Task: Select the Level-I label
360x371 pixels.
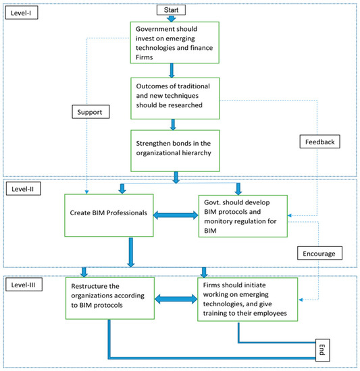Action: pyautogui.click(x=20, y=13)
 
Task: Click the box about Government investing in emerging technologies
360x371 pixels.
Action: pyautogui.click(x=174, y=42)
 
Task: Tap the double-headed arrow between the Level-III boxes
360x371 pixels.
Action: pyautogui.click(x=174, y=297)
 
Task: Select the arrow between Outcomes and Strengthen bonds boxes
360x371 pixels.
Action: pyautogui.click(x=174, y=124)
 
